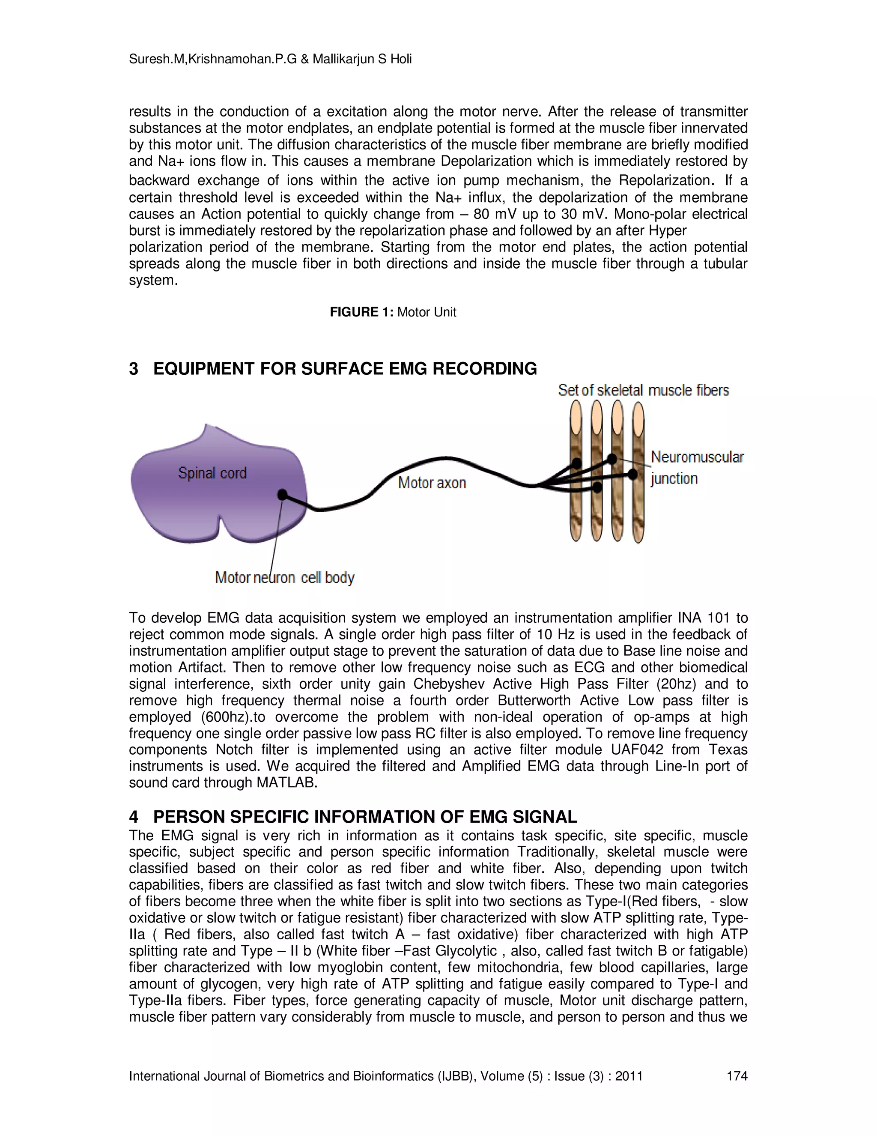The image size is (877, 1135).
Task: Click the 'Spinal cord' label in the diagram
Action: coord(212,473)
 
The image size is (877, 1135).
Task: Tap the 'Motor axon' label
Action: coord(432,483)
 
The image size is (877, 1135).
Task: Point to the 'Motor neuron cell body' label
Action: coord(285,577)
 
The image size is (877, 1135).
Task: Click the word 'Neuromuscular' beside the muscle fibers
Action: coord(697,457)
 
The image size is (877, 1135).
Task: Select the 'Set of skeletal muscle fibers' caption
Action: coord(643,390)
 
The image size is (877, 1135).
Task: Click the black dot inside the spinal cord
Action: coord(282,494)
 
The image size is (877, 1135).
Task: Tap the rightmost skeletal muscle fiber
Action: coord(638,499)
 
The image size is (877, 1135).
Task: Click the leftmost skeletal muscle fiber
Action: coord(576,499)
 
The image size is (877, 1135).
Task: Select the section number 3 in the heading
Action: coord(134,368)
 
